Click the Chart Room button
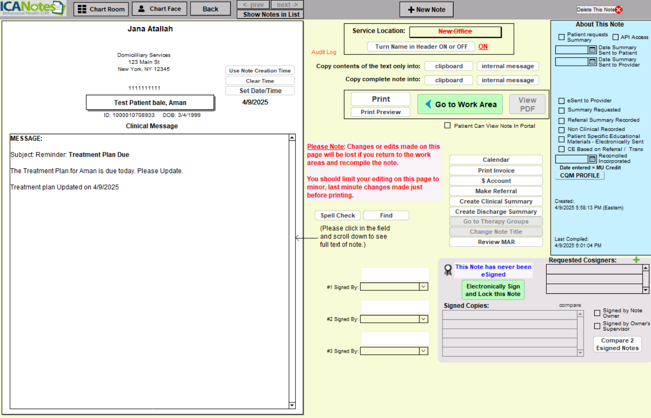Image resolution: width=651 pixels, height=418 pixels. (101, 9)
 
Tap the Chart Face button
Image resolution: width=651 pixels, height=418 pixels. (159, 9)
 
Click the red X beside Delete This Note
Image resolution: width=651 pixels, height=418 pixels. (619, 10)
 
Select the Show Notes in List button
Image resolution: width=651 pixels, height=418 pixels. (271, 14)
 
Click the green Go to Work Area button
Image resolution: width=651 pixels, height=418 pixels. (460, 104)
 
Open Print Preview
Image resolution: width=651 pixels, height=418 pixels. (380, 112)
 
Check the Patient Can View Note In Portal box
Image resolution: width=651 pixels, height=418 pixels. (447, 125)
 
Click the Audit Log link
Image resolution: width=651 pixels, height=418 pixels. (324, 52)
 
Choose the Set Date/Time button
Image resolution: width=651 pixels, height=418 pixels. (260, 91)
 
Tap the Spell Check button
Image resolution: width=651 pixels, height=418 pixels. (337, 215)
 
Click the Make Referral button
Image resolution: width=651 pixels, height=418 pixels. (496, 191)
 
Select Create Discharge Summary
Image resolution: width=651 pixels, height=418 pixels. (496, 212)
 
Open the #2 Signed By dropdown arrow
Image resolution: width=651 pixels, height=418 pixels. (423, 319)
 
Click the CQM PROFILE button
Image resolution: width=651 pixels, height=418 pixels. (580, 176)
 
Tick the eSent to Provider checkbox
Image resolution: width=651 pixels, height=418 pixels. (561, 100)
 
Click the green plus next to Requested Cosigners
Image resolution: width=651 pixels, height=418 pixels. (636, 260)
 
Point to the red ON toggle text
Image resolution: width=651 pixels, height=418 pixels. (483, 46)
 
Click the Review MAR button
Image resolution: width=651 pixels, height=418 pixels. (496, 242)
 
